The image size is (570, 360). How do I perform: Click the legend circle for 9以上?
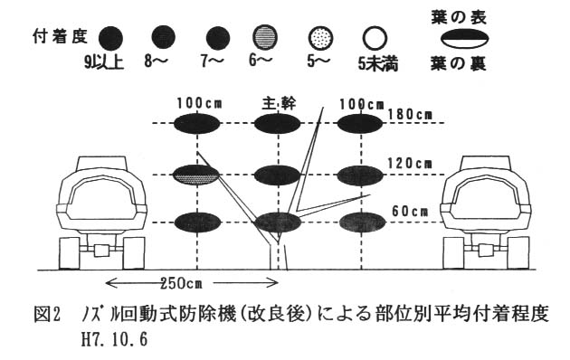point(110,38)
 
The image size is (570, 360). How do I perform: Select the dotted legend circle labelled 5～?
point(320,38)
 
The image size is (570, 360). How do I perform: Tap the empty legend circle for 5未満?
point(375,38)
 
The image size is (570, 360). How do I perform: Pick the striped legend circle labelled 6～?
point(265,37)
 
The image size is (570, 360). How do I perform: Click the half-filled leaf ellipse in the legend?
point(464,39)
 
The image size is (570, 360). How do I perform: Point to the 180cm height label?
point(410,115)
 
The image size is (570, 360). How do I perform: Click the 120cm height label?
point(410,164)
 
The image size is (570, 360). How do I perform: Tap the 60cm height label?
point(410,211)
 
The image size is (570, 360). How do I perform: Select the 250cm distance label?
point(181,283)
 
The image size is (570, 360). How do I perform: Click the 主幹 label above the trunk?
point(279,104)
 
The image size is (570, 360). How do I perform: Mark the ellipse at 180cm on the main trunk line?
point(278,124)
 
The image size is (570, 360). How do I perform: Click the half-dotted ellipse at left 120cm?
point(196,175)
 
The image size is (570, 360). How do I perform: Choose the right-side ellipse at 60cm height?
point(362,223)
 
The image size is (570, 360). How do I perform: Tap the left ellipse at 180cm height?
point(197,124)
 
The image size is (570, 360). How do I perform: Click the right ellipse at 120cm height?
point(360,175)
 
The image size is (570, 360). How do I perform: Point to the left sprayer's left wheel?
point(70,253)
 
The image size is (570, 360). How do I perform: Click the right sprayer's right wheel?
point(518,253)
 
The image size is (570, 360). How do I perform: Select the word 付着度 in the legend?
point(61,36)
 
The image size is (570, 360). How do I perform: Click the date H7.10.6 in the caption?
point(114,340)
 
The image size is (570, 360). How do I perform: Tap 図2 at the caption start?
point(46,314)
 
